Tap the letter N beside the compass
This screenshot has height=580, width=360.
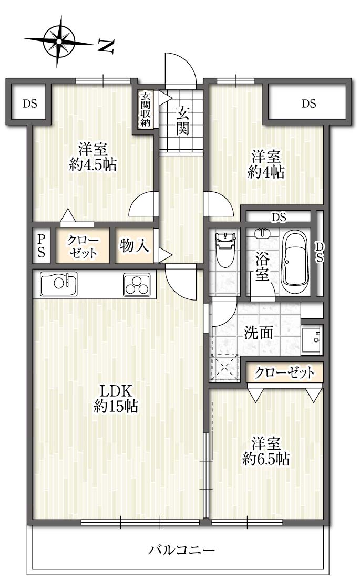click(x=106, y=46)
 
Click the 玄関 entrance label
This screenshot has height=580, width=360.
click(x=182, y=119)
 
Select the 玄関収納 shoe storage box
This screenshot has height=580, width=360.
click(x=146, y=109)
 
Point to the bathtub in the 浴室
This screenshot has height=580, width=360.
click(x=294, y=262)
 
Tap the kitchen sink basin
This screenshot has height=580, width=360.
click(x=59, y=283)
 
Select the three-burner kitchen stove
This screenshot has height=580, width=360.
click(x=137, y=284)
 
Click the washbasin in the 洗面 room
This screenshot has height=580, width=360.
click(x=312, y=340)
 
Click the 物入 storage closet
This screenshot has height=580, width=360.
click(x=135, y=245)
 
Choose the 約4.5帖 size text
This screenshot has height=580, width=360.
click(x=93, y=164)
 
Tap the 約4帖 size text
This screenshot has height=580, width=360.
click(x=266, y=172)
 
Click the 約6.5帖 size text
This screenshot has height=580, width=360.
click(x=266, y=459)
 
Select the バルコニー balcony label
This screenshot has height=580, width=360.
click(x=182, y=550)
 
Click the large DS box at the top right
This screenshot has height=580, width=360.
click(x=308, y=103)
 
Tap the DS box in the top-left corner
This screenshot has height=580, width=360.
click(x=29, y=103)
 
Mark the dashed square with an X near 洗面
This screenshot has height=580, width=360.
click(x=224, y=367)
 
